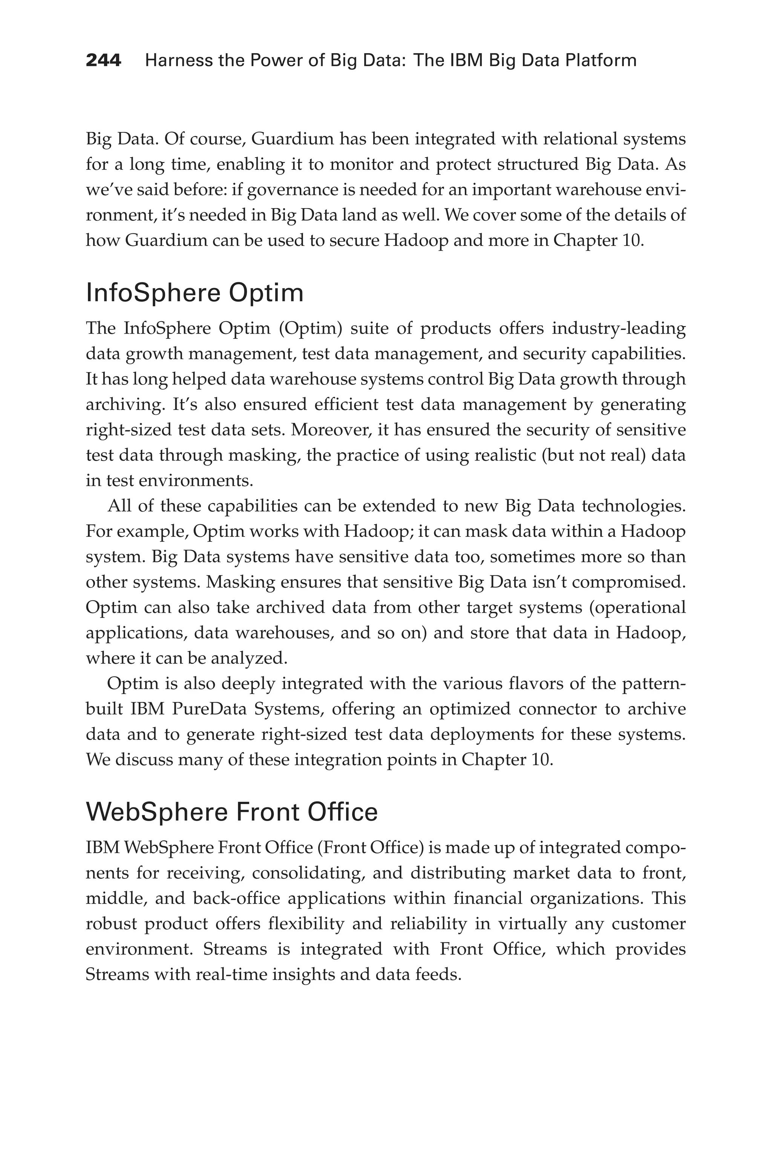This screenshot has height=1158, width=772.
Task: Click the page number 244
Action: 103,61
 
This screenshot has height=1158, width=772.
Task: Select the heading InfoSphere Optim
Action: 195,293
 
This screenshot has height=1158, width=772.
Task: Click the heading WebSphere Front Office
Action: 231,812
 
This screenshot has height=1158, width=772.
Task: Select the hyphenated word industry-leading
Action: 618,328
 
